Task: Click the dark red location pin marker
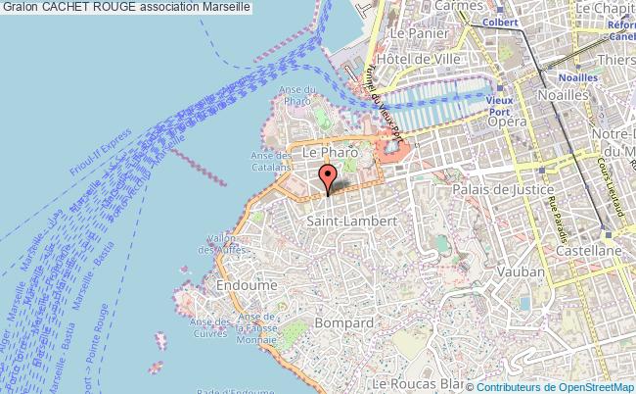[x=329, y=177]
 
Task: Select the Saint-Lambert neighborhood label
[x=351, y=222]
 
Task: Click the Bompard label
[x=344, y=321]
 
